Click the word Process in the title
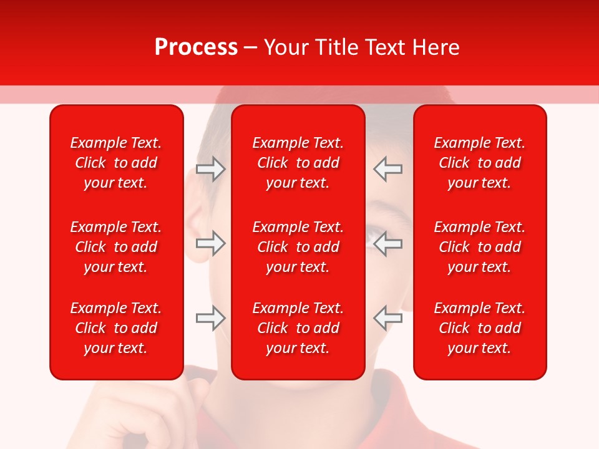[196, 47]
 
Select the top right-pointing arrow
[210, 169]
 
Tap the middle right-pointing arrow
[210, 243]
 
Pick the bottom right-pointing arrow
[210, 317]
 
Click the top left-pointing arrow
[387, 169]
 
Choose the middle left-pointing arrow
[387, 243]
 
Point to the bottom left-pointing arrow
[387, 317]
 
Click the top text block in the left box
[116, 163]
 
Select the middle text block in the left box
[116, 247]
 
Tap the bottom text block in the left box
[116, 328]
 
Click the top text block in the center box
[298, 163]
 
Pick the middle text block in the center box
[298, 247]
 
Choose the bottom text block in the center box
[298, 328]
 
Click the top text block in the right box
[479, 163]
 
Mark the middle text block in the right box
[479, 247]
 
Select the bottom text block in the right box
[479, 328]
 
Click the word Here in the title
[434, 47]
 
